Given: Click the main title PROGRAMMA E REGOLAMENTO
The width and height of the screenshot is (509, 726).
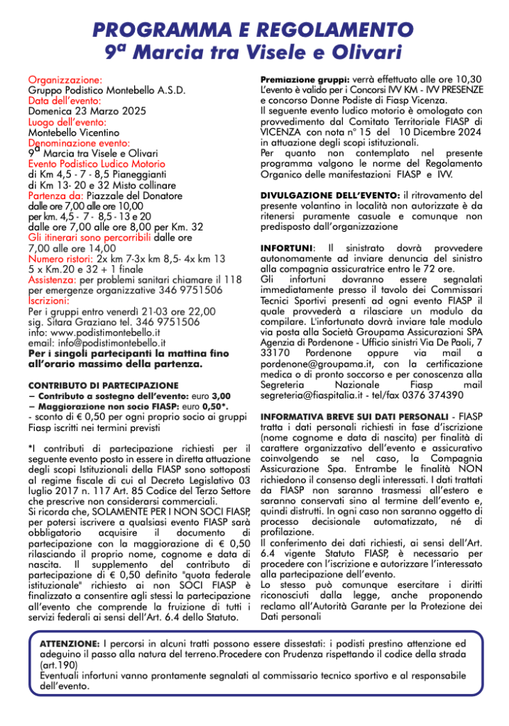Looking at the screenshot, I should coord(254,30).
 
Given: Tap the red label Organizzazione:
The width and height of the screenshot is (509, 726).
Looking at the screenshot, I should coord(65,80).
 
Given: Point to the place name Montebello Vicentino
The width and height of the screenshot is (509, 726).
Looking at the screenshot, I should coord(73,133).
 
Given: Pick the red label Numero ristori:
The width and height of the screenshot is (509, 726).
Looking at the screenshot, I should coord(61,259).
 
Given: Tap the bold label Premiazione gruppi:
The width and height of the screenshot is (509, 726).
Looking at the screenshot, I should coord(305,80).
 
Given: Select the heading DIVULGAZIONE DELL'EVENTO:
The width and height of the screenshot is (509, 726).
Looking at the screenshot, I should coord(330,195).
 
